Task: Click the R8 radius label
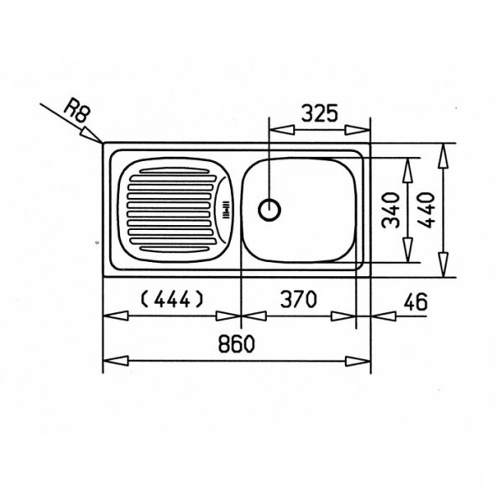click(77, 112)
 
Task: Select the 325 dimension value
click(320, 113)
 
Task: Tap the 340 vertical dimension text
click(390, 210)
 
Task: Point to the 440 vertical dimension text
click(426, 210)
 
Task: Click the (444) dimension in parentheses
click(171, 300)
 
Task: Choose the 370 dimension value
click(299, 299)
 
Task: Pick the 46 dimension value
click(416, 302)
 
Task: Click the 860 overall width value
click(237, 343)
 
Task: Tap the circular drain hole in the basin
click(269, 210)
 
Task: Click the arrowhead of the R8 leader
click(92, 134)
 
